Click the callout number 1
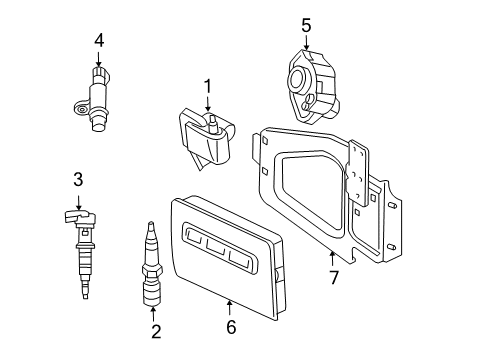[208, 88]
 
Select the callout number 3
[77, 180]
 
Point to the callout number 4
[99, 40]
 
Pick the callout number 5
[306, 24]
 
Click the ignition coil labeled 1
[208, 141]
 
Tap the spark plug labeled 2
[153, 267]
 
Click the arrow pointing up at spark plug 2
[153, 311]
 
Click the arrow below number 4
[99, 57]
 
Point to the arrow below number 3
[77, 197]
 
